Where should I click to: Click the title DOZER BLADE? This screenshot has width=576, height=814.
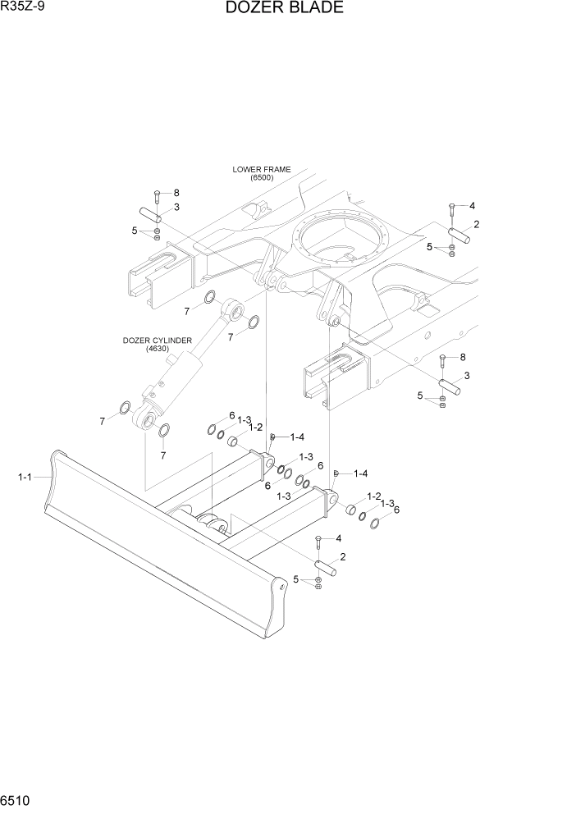pos(283,9)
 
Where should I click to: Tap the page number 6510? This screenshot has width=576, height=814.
pos(17,799)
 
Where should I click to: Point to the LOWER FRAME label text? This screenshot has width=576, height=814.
pos(261,170)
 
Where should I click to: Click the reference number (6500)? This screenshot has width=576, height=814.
pos(261,178)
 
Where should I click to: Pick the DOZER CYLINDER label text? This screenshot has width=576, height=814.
pos(158,340)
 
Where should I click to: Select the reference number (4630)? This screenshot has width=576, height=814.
pos(158,349)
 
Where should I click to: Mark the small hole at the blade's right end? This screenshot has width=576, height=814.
pos(283,586)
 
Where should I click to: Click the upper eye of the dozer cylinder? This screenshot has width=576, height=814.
pos(233,309)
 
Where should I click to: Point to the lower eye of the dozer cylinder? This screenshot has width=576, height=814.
pos(146,422)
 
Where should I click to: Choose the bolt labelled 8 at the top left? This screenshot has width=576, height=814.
pos(157,196)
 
